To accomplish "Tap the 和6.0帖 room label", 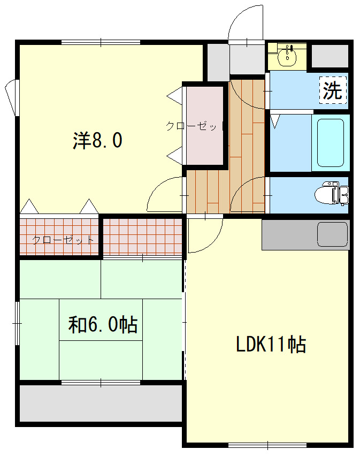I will coord(103,324).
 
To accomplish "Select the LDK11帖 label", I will coord(271,344).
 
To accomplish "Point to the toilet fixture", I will coord(335,193).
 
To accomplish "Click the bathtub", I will coord(330,143).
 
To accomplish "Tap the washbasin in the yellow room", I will coord(289,55).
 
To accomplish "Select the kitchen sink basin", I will coord(333,233).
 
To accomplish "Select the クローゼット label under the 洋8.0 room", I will coord(63,240).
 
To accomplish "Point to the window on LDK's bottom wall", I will coord(267,445).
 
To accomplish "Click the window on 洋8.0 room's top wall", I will coord(101,42).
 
